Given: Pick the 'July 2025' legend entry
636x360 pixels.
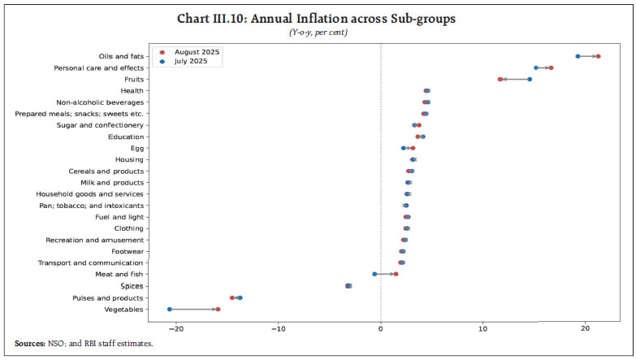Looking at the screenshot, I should coord(192,62).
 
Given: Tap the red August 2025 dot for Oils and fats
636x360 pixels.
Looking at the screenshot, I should coord(598,56).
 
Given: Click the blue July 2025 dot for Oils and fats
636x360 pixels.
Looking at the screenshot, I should coord(578,56).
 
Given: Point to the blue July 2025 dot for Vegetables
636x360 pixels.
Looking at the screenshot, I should coord(169,309).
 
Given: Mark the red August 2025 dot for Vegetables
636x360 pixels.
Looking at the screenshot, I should coord(218,309).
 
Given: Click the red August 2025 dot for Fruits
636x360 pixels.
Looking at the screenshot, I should coord(500,79).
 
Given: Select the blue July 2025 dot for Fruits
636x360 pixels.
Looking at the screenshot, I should coord(530,79).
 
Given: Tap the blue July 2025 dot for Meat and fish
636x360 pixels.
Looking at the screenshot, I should coord(374,275).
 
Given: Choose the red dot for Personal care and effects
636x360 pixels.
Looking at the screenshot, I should coord(551,67).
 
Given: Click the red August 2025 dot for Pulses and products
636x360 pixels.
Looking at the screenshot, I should coord(232,297).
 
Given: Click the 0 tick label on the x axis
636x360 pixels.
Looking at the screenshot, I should coord(381,327).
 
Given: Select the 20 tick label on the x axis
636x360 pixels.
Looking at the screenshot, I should coord(586,327).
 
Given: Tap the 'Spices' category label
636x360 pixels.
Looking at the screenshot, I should coord(132,286).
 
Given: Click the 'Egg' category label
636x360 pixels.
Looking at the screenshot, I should coord(136,148).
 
